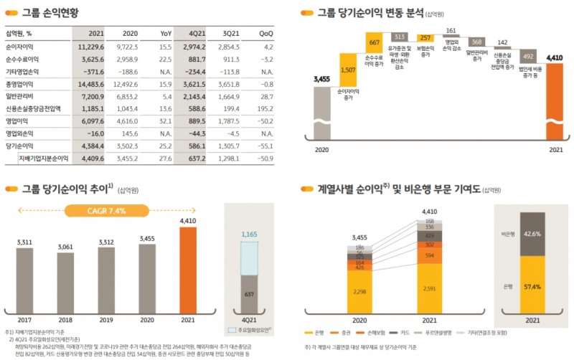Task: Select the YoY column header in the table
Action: tap(165, 33)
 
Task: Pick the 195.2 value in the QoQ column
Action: tap(263, 110)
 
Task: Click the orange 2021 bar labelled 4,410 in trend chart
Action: tap(187, 269)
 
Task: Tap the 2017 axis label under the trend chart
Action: tap(25, 320)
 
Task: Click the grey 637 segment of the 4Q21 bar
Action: tap(249, 294)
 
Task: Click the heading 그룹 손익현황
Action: tap(50, 13)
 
